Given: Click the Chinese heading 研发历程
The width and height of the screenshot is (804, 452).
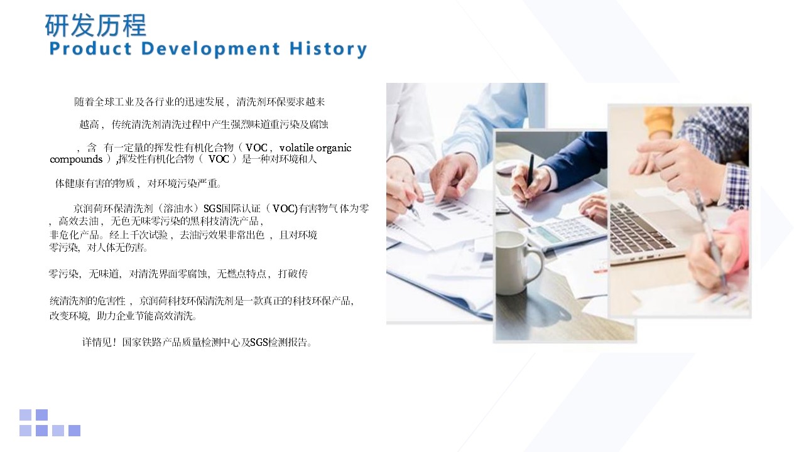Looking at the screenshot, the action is [95, 25].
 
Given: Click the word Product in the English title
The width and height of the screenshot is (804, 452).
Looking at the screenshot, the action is [90, 48].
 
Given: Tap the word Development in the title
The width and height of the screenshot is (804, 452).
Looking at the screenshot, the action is [210, 49].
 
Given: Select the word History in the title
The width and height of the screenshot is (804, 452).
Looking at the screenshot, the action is [328, 49].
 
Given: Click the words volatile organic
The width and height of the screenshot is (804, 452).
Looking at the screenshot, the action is [315, 148].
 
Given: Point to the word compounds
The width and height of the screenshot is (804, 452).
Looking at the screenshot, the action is [76, 159].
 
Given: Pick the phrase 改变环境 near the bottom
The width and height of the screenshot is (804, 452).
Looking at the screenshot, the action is [68, 316].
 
